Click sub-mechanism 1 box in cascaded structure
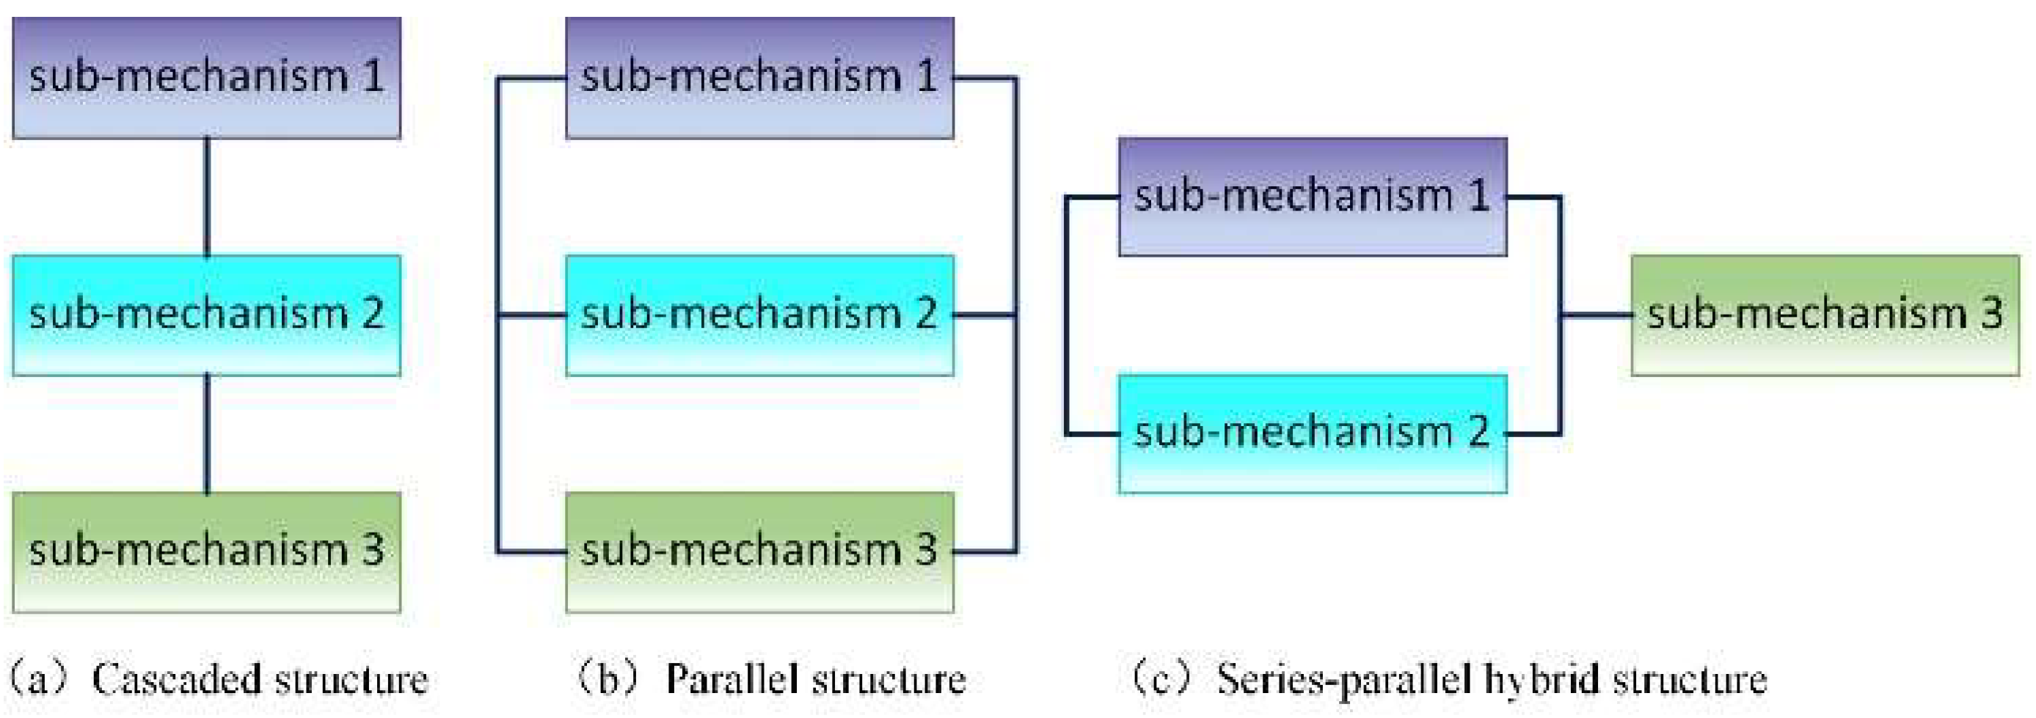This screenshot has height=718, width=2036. [x=206, y=78]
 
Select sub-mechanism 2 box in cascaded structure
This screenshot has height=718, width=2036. [x=206, y=315]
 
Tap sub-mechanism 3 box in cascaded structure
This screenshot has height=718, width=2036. [x=206, y=552]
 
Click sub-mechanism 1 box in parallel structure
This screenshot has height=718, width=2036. [x=759, y=78]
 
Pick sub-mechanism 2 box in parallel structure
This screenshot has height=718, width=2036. [x=759, y=315]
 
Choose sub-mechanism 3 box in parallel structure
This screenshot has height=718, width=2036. [x=759, y=552]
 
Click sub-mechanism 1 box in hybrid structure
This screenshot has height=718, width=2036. [x=1312, y=196]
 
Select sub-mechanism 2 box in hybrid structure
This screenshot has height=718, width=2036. [x=1312, y=433]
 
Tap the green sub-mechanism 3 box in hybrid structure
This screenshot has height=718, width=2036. [x=1825, y=315]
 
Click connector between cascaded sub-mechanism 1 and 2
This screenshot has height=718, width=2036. [x=207, y=196]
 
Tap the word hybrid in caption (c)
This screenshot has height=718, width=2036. [x=1542, y=679]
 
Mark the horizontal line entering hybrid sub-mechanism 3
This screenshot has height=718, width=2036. [x=1597, y=315]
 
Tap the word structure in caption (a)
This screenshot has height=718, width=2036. [x=351, y=679]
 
